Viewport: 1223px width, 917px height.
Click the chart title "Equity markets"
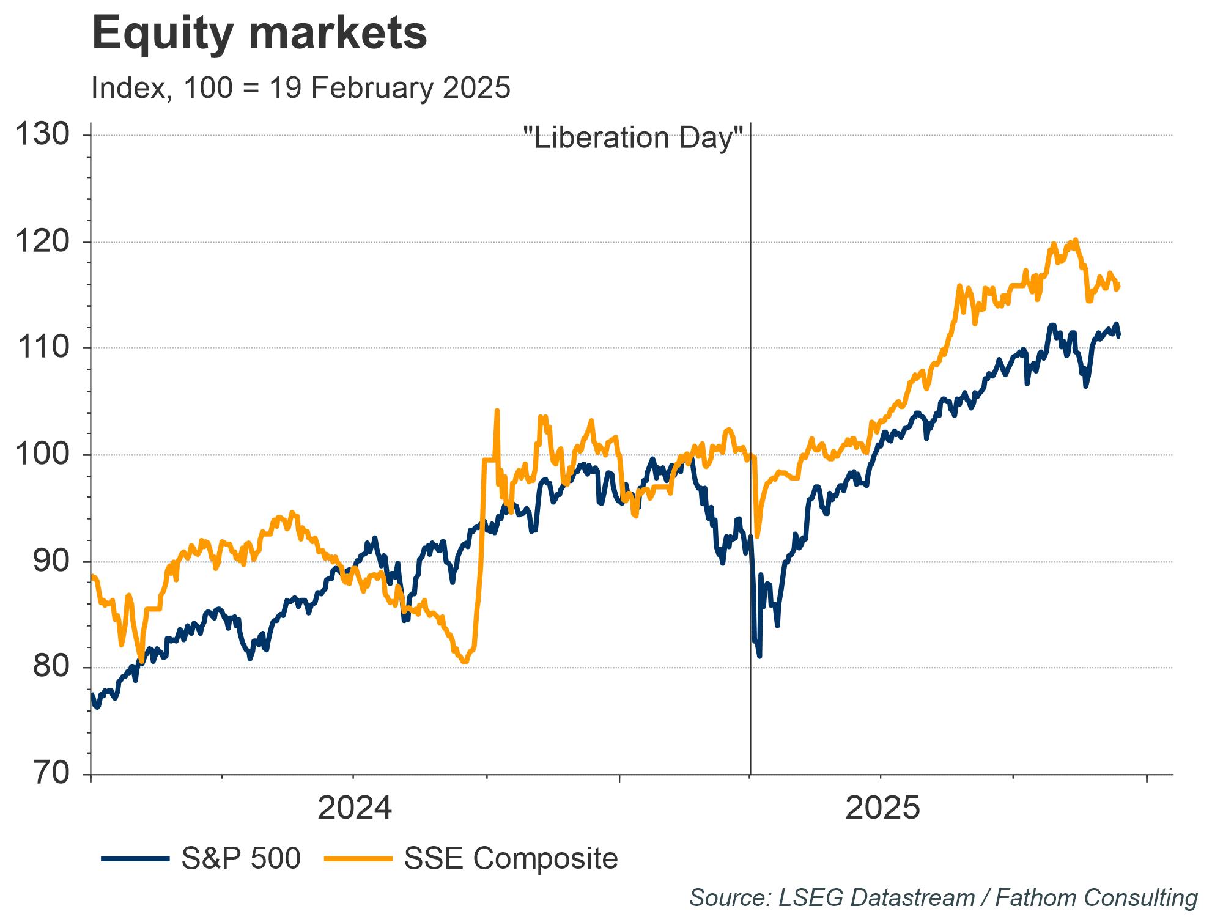259,33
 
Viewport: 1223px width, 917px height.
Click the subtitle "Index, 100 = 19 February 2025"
301,88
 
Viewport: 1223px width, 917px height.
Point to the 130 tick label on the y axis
42,135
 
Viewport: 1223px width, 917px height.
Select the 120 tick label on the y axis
42,242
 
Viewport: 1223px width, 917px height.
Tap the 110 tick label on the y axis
42,348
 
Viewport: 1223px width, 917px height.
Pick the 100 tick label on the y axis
42,455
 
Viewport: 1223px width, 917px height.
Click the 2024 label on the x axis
355,808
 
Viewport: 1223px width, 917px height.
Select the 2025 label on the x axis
882,808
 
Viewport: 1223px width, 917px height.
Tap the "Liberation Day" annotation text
634,138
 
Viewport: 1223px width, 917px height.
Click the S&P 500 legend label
241,858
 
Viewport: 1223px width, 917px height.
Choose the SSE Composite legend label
511,858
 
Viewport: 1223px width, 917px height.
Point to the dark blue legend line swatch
135,859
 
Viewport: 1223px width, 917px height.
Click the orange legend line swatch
358,859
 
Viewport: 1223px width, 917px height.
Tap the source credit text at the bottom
943,897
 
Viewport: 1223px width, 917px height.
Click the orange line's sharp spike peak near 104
497,411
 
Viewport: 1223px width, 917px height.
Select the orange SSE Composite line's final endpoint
1118,285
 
